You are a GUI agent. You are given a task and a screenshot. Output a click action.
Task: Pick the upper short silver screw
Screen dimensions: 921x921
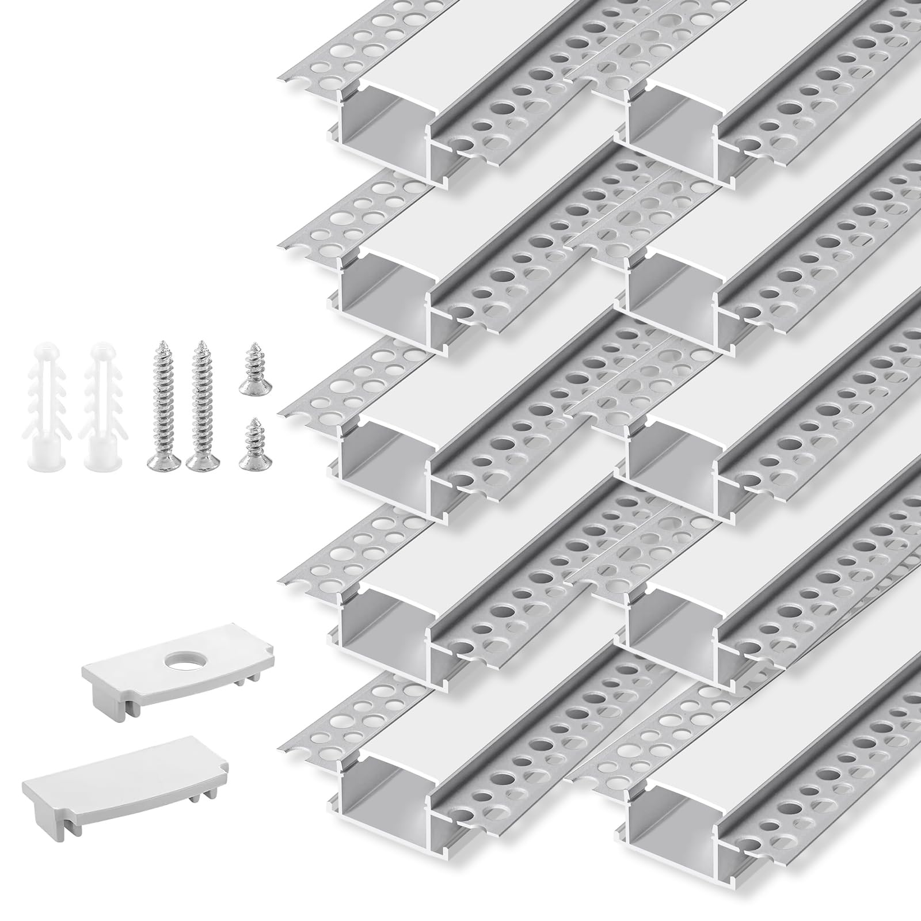coord(251,377)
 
